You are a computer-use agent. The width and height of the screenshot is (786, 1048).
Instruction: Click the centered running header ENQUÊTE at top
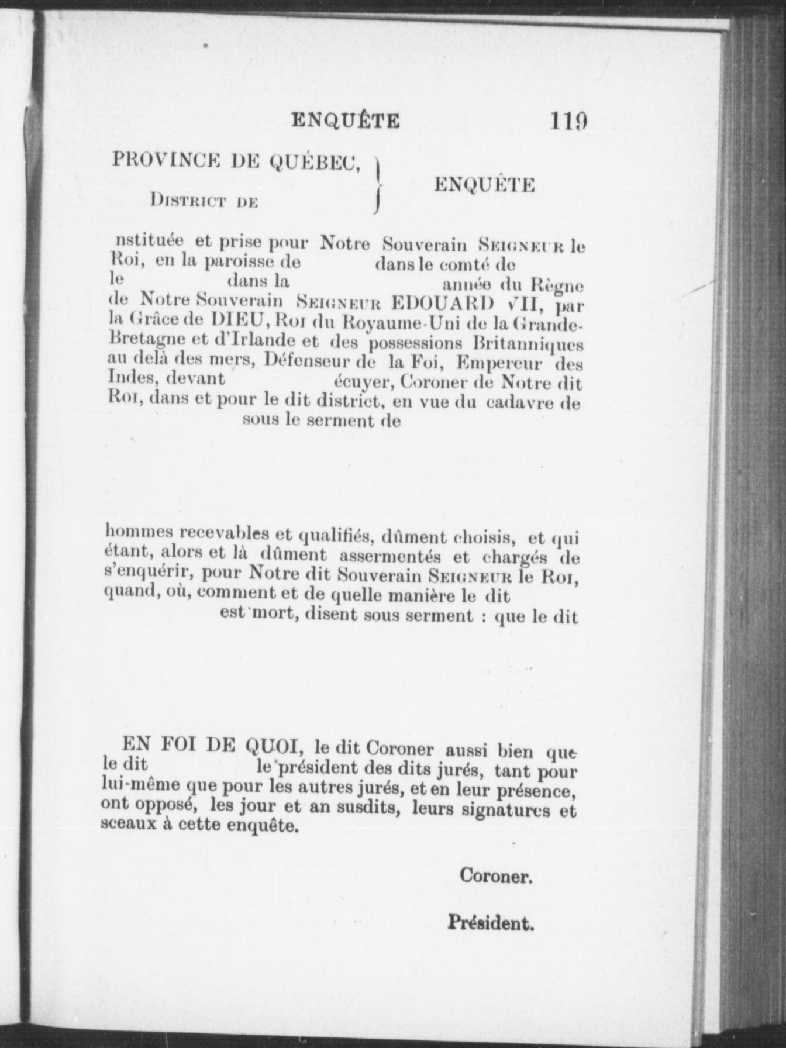(346, 120)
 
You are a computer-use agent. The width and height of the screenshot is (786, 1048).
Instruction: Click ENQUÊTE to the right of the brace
(484, 185)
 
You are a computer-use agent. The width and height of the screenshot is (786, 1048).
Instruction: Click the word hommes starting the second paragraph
(139, 534)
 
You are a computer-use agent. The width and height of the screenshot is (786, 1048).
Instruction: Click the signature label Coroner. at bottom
(495, 875)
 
